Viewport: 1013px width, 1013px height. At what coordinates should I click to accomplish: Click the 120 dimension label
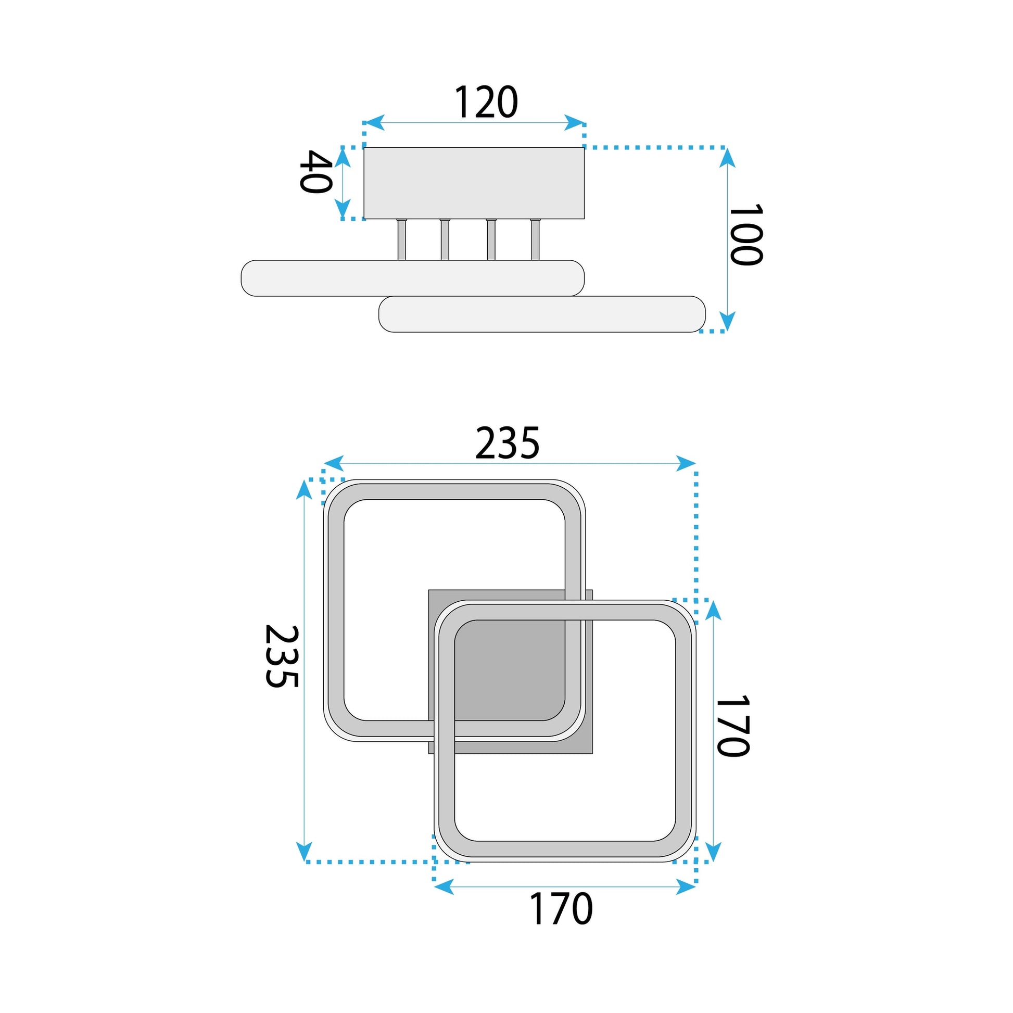tap(486, 102)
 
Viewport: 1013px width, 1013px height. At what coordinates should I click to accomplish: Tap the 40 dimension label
tap(315, 171)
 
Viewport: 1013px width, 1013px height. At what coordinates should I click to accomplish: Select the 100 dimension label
tap(746, 235)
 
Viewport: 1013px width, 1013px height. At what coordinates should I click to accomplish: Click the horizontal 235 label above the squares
tap(507, 443)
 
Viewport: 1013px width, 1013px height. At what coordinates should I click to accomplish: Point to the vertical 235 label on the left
tap(282, 656)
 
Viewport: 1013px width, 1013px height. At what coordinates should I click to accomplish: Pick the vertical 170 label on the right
tap(732, 726)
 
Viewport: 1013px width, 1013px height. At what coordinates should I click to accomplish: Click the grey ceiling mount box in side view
tap(474, 183)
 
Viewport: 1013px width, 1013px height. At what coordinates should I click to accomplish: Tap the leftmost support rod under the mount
tap(401, 239)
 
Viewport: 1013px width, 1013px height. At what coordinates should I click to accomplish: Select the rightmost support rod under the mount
tap(535, 239)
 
